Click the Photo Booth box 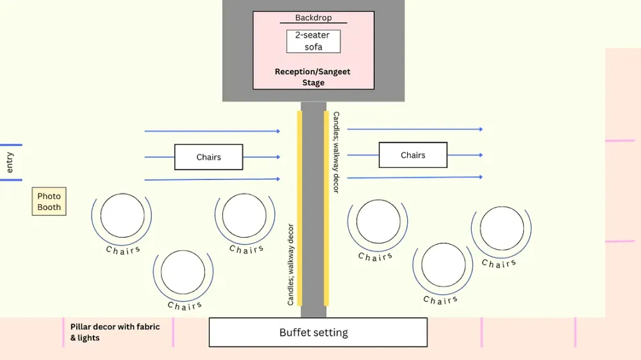click(49, 201)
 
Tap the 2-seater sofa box click(313, 41)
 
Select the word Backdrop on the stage click(313, 18)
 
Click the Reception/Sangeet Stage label click(313, 77)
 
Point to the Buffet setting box click(318, 332)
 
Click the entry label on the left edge click(10, 162)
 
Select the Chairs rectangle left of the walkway click(209, 157)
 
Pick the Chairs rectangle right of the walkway click(413, 155)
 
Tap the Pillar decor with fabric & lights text click(115, 332)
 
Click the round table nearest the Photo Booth click(122, 215)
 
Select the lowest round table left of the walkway click(183, 272)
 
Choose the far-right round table click(502, 229)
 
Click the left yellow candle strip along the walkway click(299, 208)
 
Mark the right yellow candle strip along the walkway click(326, 208)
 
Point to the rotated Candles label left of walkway click(290, 264)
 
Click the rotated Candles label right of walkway click(336, 152)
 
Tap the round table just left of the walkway click(244, 215)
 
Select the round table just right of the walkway click(378, 222)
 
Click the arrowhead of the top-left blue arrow click(278, 131)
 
